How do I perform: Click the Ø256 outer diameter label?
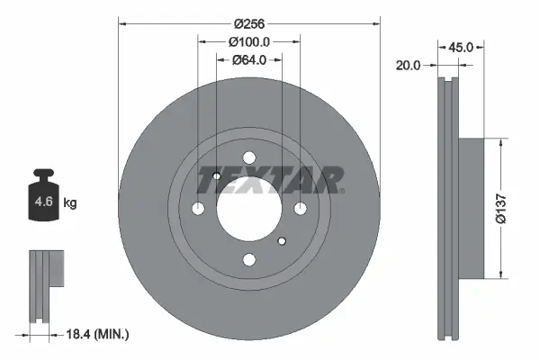click(x=249, y=24)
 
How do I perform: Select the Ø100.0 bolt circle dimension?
click(x=249, y=41)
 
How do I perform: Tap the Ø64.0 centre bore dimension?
click(x=249, y=60)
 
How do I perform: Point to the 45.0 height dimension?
click(x=463, y=47)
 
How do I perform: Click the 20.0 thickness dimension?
click(x=409, y=64)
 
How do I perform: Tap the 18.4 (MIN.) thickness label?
click(x=98, y=334)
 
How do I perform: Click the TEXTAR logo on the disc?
click(x=269, y=179)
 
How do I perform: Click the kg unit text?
click(x=70, y=203)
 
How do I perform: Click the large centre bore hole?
click(x=249, y=209)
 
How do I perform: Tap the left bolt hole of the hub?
click(x=199, y=210)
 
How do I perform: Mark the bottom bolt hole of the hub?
click(x=249, y=260)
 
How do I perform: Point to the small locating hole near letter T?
click(x=217, y=176)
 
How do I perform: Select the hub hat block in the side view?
click(x=472, y=208)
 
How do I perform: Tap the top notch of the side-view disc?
click(x=448, y=83)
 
